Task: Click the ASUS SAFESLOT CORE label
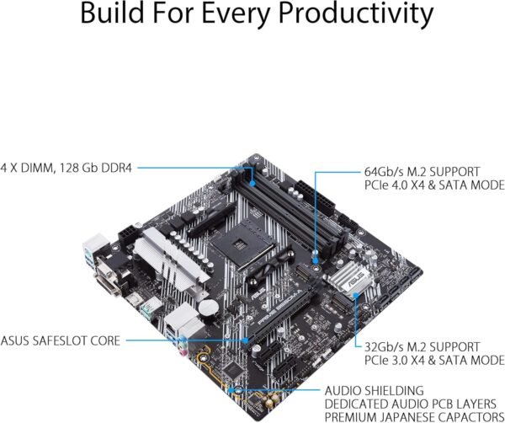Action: (x=61, y=340)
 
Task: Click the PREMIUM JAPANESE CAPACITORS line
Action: (x=413, y=417)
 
